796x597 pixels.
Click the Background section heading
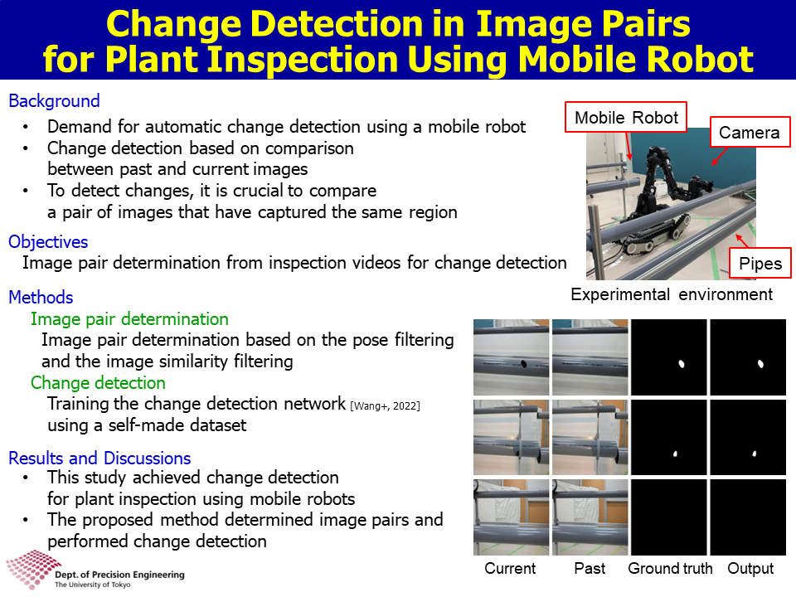coord(55,101)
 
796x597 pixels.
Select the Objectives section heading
coord(48,242)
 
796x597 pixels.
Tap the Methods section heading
coord(41,298)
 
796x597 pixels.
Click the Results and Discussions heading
coord(100,459)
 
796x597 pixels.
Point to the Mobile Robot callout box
coord(626,117)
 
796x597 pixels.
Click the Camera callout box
coord(750,132)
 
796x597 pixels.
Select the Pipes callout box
coord(760,263)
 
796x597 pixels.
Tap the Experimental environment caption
coord(672,294)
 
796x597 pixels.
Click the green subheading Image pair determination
coord(129,319)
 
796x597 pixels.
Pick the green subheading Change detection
coord(98,383)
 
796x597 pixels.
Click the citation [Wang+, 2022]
coord(386,406)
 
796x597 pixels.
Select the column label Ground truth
coord(670,569)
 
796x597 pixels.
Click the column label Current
coord(510,569)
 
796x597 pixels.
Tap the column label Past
coord(590,569)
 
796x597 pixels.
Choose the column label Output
coord(751,569)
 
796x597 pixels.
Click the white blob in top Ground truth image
coord(682,363)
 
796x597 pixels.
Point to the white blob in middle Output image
coord(755,454)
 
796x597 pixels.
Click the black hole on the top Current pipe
coord(523,363)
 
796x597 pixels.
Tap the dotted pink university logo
coord(32,569)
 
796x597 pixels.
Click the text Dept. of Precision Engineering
coord(119,575)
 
